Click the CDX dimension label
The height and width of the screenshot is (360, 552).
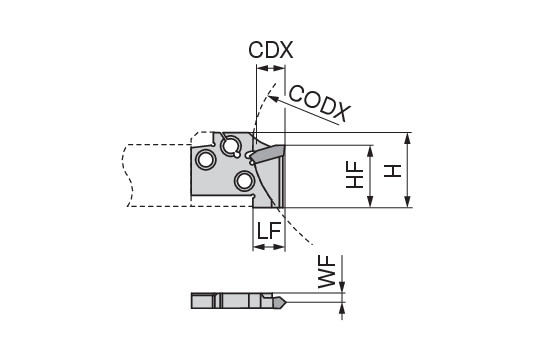tap(270, 50)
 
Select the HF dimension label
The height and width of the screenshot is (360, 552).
tap(355, 175)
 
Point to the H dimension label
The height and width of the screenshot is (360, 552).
tap(392, 171)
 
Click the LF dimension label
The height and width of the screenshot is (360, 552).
tap(269, 230)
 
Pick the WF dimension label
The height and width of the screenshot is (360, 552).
tap(327, 272)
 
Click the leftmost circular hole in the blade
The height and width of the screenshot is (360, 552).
tap(206, 160)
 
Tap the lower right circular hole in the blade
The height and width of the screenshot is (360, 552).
tap(244, 182)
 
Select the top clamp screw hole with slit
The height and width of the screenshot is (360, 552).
tap(230, 145)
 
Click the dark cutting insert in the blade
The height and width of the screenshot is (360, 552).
tap(268, 154)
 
